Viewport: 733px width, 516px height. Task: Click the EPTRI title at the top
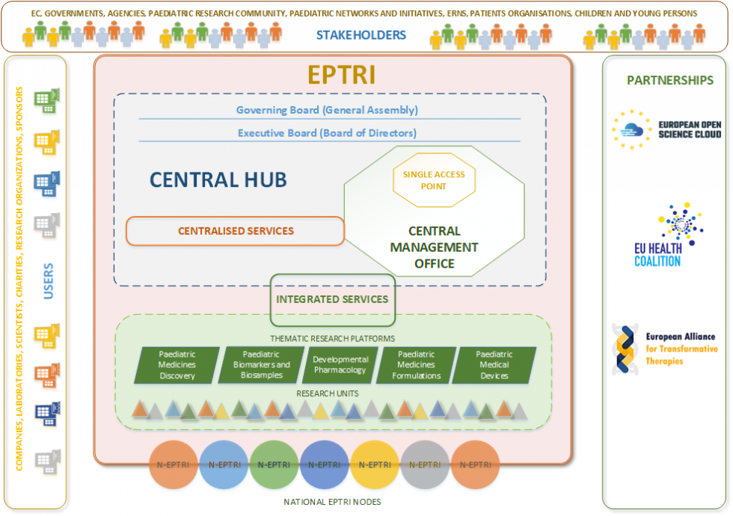(342, 74)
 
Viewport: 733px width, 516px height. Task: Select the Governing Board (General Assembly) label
(327, 110)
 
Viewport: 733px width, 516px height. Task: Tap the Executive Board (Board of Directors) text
(328, 133)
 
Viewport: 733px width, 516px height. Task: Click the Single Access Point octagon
(434, 180)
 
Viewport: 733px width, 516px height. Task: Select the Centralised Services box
(235, 231)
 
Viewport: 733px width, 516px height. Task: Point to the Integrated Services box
(332, 300)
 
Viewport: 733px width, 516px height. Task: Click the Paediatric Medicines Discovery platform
(177, 365)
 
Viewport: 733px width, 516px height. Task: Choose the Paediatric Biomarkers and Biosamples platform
(261, 365)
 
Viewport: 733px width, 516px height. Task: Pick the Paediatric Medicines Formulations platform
(416, 365)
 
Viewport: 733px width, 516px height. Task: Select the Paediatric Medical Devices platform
(494, 365)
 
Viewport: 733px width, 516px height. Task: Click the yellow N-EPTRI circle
(375, 464)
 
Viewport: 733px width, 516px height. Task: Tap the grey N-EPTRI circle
(425, 464)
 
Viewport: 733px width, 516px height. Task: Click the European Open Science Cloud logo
(666, 129)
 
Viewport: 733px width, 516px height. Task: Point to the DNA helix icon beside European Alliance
(625, 349)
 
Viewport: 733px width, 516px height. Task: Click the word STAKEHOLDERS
(361, 35)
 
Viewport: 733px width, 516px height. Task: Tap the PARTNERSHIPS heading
(670, 81)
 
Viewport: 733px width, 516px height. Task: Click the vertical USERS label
(48, 281)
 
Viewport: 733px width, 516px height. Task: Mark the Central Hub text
(218, 180)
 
